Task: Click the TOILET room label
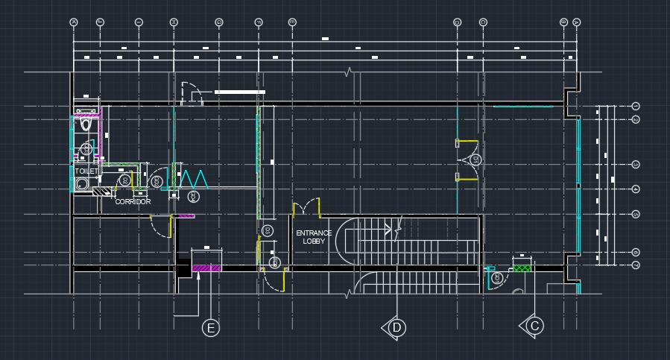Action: tap(86, 171)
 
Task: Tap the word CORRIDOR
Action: tap(133, 202)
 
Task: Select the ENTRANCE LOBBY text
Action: tap(314, 237)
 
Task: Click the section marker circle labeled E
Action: tap(212, 327)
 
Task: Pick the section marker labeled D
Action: tap(396, 327)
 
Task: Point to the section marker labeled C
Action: tap(534, 326)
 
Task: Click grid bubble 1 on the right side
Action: tap(636, 107)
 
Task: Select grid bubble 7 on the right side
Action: tap(636, 265)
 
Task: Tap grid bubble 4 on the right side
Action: tap(636, 189)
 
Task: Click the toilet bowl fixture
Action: tap(86, 123)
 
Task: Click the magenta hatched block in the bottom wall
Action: tap(207, 267)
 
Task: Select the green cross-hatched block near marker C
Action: tap(522, 267)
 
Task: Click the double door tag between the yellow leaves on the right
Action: tap(473, 160)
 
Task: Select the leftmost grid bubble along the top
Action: tap(74, 22)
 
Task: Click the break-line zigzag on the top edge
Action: tap(348, 72)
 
